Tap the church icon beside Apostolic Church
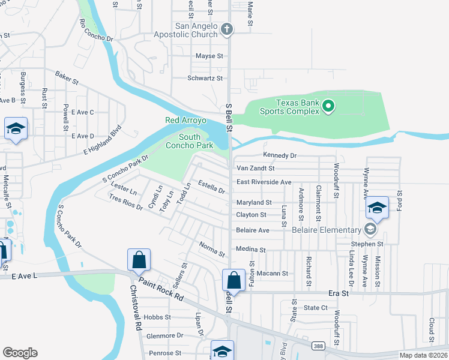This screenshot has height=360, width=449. (227, 28)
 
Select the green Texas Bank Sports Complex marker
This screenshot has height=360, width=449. (328, 107)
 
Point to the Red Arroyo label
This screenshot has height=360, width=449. (185, 120)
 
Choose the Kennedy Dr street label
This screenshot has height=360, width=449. (280, 155)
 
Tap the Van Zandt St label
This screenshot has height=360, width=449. (255, 169)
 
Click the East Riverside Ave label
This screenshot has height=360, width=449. (264, 182)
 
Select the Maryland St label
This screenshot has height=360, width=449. (254, 202)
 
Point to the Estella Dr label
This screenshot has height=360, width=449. (211, 188)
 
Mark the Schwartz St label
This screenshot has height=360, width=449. (205, 78)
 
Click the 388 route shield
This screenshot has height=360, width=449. (319, 345)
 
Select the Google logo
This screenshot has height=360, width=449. (20, 352)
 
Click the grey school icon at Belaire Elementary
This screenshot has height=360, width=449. (370, 229)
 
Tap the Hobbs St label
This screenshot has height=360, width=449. (158, 317)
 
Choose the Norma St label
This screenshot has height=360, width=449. (211, 248)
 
